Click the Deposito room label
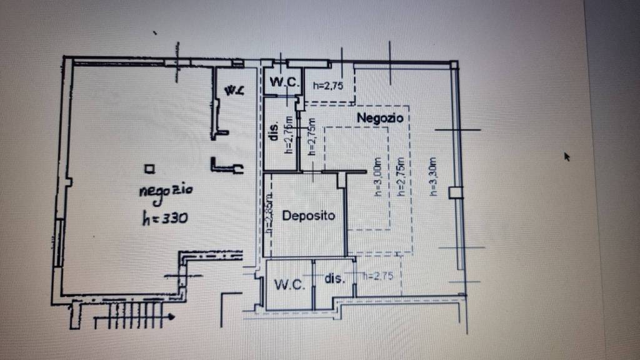click(x=309, y=216)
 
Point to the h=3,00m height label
click(x=377, y=176)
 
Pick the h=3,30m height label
click(x=433, y=177)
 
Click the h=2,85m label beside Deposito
click(x=269, y=216)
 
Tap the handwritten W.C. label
click(x=234, y=91)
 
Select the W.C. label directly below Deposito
click(x=289, y=285)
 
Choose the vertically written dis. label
click(x=273, y=129)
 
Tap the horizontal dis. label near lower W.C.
click(x=334, y=278)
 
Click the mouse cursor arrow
click(x=566, y=156)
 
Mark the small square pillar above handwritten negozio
click(x=148, y=167)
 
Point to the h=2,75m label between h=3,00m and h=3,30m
click(x=401, y=177)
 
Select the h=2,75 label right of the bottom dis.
click(x=377, y=276)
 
